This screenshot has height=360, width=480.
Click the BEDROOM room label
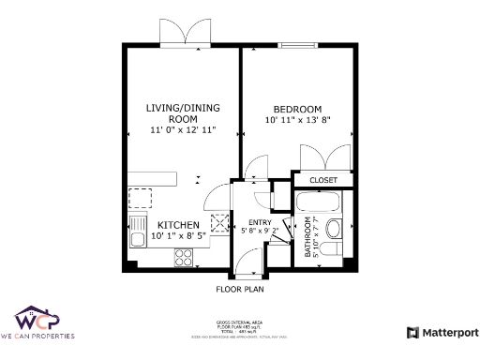(x=299, y=109)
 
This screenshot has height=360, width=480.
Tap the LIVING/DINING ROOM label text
(x=183, y=113)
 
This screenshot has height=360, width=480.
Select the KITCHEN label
(x=177, y=225)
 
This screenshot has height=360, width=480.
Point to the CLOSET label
(x=322, y=179)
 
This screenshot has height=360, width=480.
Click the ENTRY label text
(x=260, y=222)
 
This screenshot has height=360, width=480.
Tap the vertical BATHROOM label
(x=307, y=237)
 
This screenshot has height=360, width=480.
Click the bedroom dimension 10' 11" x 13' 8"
(x=299, y=120)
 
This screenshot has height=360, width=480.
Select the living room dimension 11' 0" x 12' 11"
(x=183, y=130)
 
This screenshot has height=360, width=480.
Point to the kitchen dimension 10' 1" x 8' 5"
(x=178, y=237)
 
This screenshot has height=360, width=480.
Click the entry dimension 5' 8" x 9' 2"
(x=260, y=230)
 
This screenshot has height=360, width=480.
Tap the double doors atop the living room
(x=180, y=33)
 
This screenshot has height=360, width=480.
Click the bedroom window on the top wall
(x=297, y=43)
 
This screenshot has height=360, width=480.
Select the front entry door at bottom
(x=247, y=267)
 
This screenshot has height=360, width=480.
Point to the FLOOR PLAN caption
(x=239, y=290)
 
